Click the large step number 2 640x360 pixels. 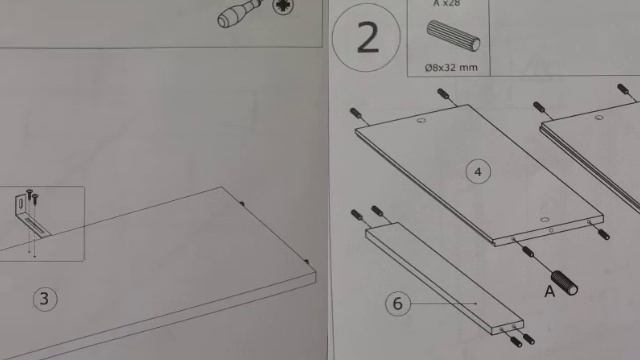[368, 38]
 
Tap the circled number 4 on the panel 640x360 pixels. [478, 172]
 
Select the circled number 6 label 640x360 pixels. [398, 303]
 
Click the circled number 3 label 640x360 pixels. [45, 299]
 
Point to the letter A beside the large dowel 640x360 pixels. [550, 291]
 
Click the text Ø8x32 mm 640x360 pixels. [451, 67]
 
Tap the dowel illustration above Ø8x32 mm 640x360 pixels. [453, 36]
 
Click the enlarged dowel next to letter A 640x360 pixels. [564, 282]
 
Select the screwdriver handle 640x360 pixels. [238, 13]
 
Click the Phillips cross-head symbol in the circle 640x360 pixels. [283, 6]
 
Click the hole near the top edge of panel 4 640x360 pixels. [421, 120]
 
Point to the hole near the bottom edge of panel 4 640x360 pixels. [545, 220]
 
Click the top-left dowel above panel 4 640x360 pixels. [357, 113]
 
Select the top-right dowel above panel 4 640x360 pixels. [443, 94]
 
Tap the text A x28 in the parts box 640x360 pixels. [448, 4]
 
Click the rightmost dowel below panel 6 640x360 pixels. [529, 339]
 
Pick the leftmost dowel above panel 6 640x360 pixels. [357, 215]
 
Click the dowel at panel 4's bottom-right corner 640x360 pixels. [604, 234]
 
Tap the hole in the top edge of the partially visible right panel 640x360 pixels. [599, 118]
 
